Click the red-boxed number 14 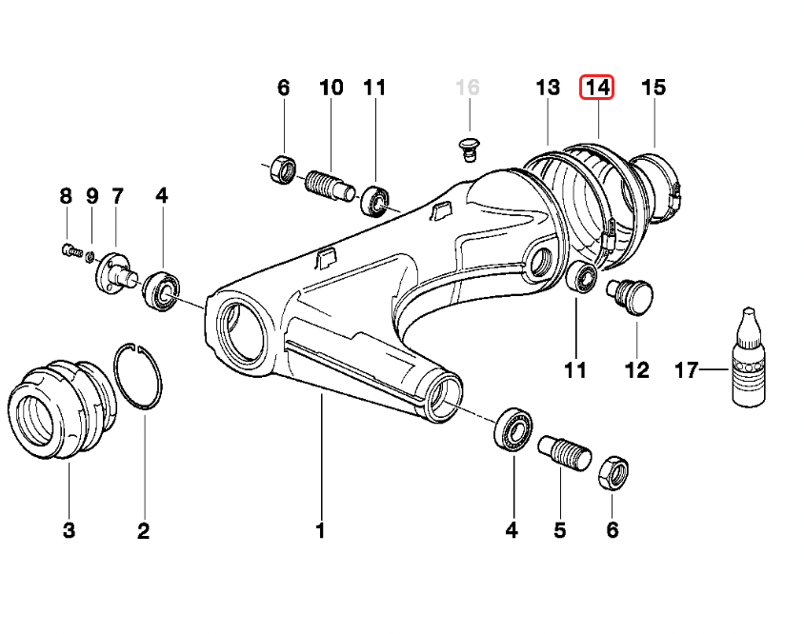click(598, 88)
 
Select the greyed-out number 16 click(467, 88)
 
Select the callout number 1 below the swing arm click(321, 530)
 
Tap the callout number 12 click(636, 369)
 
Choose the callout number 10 click(331, 88)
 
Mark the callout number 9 click(92, 197)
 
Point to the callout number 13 click(547, 88)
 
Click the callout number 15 click(653, 88)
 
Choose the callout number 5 click(560, 530)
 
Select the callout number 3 click(69, 530)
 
